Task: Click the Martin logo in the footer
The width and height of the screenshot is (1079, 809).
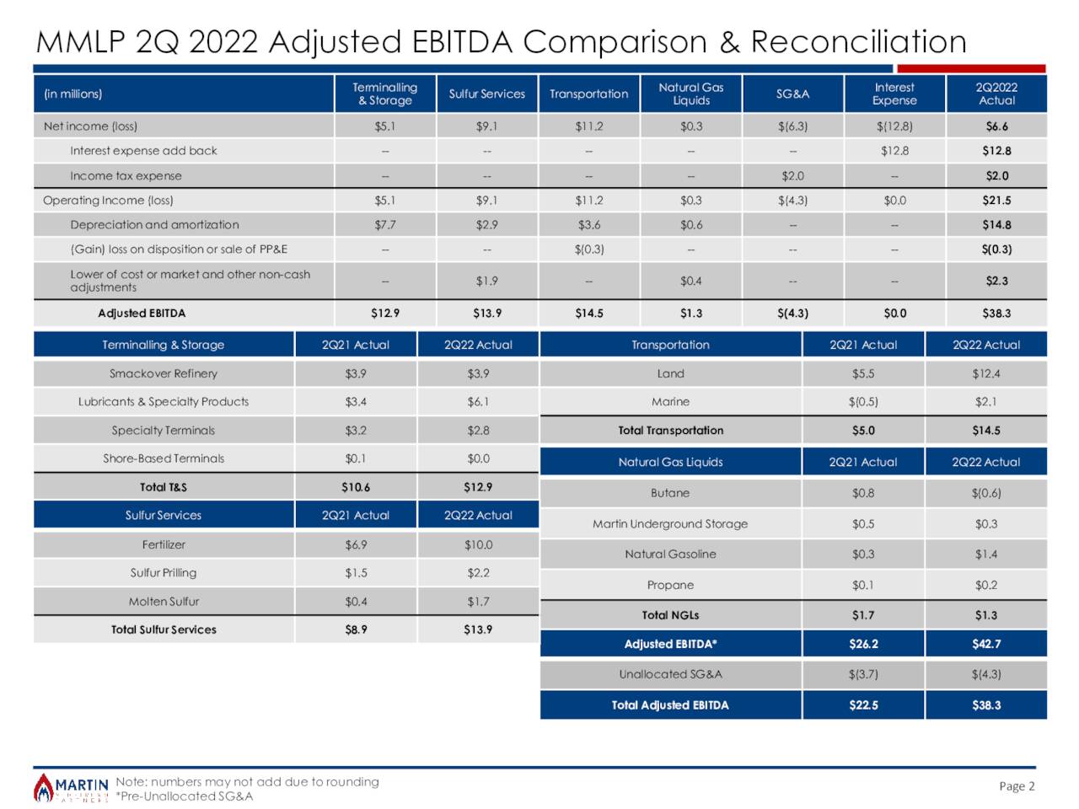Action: pyautogui.click(x=71, y=788)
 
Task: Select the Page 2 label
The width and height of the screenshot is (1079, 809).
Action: pyautogui.click(x=1016, y=786)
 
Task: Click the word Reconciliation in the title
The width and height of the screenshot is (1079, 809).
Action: pyautogui.click(x=858, y=41)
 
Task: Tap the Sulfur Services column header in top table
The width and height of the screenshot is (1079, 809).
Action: pyautogui.click(x=486, y=94)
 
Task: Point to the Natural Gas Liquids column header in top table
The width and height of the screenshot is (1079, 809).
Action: pyautogui.click(x=690, y=94)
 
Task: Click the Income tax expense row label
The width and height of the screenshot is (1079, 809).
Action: pyautogui.click(x=126, y=175)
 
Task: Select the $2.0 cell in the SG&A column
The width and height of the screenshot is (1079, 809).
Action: pyautogui.click(x=792, y=175)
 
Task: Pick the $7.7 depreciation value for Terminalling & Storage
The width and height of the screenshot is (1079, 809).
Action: pyautogui.click(x=384, y=225)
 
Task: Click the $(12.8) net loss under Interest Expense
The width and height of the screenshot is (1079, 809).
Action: pyautogui.click(x=894, y=126)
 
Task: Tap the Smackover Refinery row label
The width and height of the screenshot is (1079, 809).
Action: pyautogui.click(x=164, y=373)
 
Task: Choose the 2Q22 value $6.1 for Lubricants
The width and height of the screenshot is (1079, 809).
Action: pyautogui.click(x=478, y=402)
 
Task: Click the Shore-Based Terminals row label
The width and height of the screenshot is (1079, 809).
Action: pyautogui.click(x=164, y=458)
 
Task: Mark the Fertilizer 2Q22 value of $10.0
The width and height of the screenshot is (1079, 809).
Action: pyautogui.click(x=478, y=545)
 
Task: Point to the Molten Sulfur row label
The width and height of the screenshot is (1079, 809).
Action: pyautogui.click(x=164, y=602)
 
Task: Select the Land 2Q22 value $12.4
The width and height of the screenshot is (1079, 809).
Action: pyautogui.click(x=985, y=373)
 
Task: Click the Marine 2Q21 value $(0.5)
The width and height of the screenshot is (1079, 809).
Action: pyautogui.click(x=863, y=402)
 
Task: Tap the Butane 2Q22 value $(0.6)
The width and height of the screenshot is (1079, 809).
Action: pyautogui.click(x=985, y=493)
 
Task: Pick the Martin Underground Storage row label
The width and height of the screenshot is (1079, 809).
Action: pyautogui.click(x=670, y=524)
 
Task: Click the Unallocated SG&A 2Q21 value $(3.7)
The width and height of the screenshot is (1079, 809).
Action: pyautogui.click(x=863, y=674)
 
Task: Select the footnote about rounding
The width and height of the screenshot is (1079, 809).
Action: pyautogui.click(x=247, y=782)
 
